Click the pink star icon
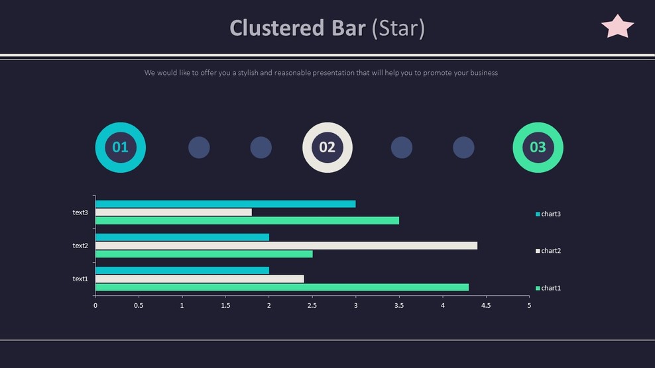point(617,27)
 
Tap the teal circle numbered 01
point(120,147)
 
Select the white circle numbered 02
point(327,147)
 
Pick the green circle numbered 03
point(538,147)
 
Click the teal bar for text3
point(225,204)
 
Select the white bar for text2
point(286,246)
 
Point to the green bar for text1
point(282,287)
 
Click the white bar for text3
point(174,212)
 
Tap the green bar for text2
point(204,254)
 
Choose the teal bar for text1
point(182,270)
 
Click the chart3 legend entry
point(548,214)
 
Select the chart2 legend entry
point(548,251)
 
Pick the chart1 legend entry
point(548,288)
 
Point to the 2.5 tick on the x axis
point(312,306)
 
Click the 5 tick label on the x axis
point(528,306)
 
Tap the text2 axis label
point(80,246)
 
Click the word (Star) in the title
point(398,28)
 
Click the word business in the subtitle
point(484,73)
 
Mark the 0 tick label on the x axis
point(95,306)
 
